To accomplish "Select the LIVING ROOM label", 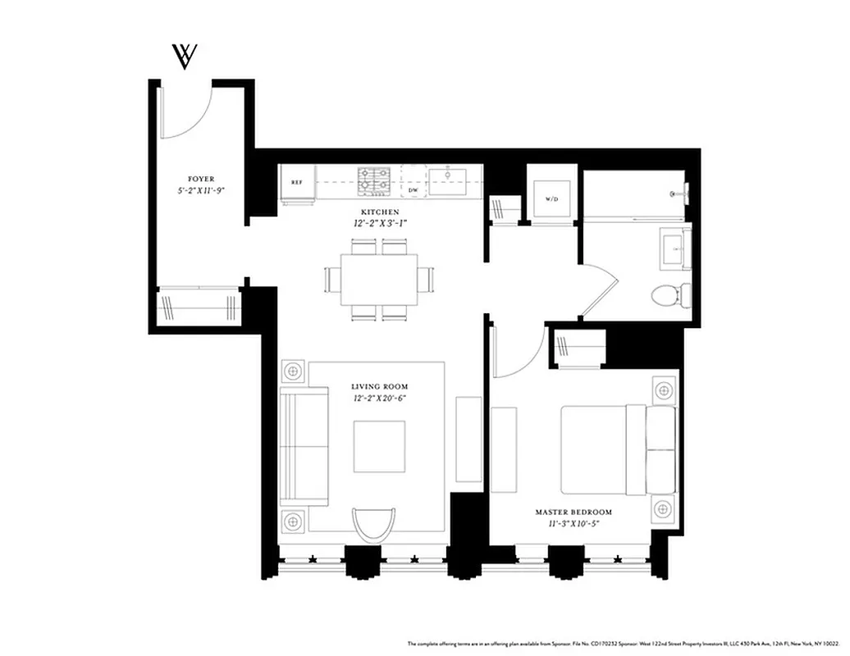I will (379, 386).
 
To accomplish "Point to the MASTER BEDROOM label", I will (574, 512).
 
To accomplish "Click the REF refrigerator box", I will (297, 182).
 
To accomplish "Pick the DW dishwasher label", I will (414, 190).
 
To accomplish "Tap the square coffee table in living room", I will (378, 446).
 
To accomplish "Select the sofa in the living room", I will (304, 446).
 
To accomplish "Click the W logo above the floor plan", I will (184, 57).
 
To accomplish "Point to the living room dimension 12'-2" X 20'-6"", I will (379, 398).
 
